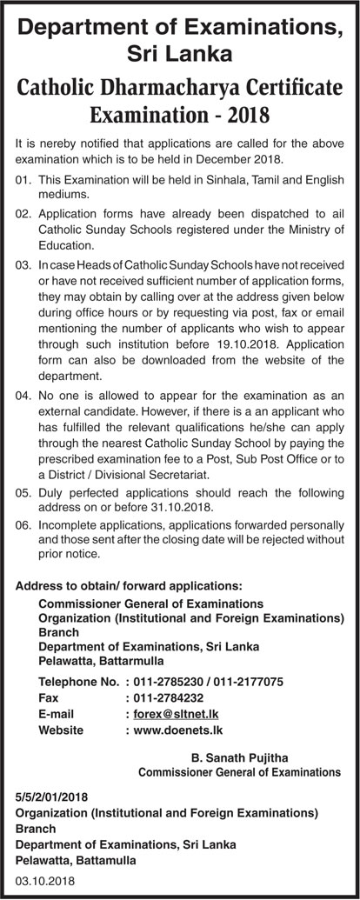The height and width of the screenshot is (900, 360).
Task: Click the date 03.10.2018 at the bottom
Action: (45, 881)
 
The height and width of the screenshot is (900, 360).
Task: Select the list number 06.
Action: (23, 525)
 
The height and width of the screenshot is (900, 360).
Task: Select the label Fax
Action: (49, 697)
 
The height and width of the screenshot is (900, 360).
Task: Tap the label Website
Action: (61, 730)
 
